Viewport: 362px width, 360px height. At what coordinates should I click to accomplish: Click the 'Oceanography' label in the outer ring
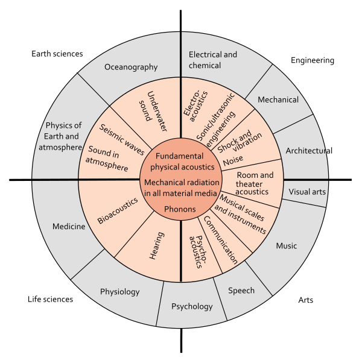[130, 67]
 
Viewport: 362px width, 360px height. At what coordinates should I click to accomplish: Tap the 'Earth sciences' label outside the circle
[57, 54]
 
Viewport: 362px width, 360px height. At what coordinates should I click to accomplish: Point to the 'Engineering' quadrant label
[312, 60]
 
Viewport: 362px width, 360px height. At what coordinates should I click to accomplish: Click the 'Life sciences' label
[50, 299]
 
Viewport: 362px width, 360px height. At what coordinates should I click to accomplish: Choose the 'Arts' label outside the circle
[306, 300]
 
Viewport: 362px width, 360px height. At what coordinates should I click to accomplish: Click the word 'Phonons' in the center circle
[180, 209]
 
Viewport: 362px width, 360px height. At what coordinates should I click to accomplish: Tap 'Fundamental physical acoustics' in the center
[181, 161]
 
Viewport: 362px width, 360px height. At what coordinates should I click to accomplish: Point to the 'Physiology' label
[119, 292]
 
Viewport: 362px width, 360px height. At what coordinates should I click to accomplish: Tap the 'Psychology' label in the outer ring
[192, 306]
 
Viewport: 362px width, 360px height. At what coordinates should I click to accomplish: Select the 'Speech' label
[241, 290]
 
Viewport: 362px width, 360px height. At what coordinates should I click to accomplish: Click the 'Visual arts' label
[307, 192]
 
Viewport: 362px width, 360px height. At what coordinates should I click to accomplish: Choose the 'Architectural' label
[309, 150]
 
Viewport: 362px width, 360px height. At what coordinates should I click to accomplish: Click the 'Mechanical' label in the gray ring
[278, 99]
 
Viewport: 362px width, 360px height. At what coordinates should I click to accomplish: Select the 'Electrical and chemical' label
[213, 59]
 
